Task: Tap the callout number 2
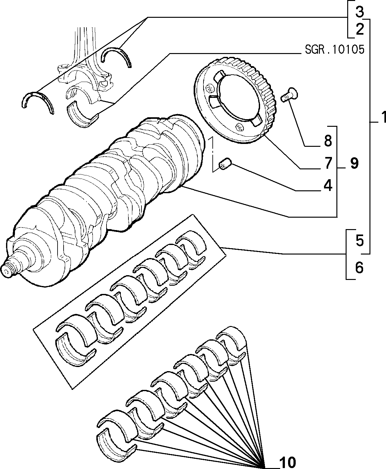360,29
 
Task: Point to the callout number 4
328,186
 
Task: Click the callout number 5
360,241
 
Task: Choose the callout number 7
328,163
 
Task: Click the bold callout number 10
288,462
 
